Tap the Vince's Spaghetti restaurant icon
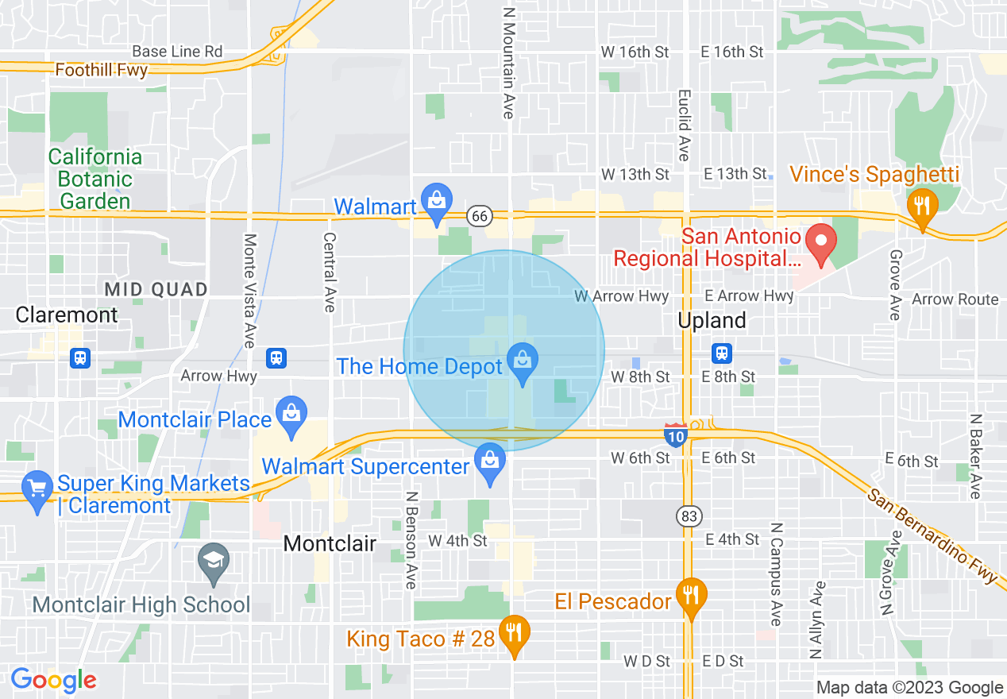[x=922, y=206]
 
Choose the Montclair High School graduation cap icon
[x=213, y=562]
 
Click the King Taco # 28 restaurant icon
[x=515, y=634]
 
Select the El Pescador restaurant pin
[x=691, y=596]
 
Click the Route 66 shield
[x=481, y=216]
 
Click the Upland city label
[x=712, y=320]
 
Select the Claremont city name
[x=67, y=315]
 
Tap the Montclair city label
[x=330, y=543]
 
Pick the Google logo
[x=53, y=680]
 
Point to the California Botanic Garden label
[x=95, y=180]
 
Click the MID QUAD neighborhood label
[x=156, y=289]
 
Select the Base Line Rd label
[x=177, y=52]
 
